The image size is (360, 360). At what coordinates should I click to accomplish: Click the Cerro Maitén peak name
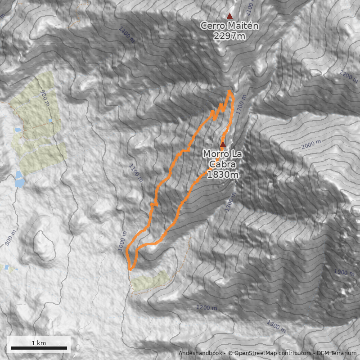[x=229, y=26]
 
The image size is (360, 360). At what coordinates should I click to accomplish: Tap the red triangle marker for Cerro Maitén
[x=230, y=16]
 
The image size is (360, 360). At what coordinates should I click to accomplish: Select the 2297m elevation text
[x=229, y=36]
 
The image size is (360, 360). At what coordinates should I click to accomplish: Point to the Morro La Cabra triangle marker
[x=222, y=144]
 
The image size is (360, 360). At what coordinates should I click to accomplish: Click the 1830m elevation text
[x=222, y=175]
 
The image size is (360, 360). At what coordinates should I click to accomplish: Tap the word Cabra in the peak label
[x=222, y=164]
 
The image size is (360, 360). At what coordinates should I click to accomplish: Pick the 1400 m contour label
[x=126, y=35]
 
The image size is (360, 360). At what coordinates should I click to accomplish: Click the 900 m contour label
[x=45, y=97]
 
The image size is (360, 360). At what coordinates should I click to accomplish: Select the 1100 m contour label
[x=135, y=173]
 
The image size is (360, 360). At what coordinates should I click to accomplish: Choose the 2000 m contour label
[x=311, y=145]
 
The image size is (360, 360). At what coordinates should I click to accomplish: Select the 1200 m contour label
[x=207, y=308]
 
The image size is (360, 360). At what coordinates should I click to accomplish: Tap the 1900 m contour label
[x=344, y=272]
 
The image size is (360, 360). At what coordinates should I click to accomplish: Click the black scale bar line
[x=39, y=348]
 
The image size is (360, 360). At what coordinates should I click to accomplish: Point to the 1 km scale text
[x=39, y=343]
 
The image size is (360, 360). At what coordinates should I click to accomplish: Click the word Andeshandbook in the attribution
[x=201, y=353]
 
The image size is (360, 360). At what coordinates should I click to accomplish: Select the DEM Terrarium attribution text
[x=337, y=353]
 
